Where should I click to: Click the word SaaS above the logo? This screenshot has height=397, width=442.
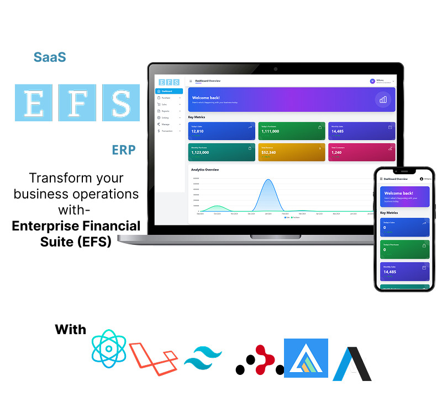coord(50,57)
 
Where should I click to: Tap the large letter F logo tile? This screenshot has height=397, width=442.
coord(77,103)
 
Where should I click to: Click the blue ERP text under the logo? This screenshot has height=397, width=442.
coord(124,149)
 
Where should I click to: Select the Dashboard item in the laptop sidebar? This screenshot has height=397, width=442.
coord(169,91)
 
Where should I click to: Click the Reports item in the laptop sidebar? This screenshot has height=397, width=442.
coord(166,111)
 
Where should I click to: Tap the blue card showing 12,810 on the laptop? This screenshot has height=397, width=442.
coord(222,130)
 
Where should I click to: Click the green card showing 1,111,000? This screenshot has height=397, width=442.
coord(291,130)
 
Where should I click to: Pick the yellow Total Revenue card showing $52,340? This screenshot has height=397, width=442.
coord(291,152)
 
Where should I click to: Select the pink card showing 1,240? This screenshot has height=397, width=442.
coord(361,152)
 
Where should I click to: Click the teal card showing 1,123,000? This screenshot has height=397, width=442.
coord(222,152)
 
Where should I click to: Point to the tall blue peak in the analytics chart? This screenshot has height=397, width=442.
coord(269,190)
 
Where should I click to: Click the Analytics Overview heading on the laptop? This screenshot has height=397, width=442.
coord(205,170)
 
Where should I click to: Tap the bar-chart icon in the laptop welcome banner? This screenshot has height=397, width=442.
coord(383,100)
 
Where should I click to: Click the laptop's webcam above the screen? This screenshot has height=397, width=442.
coord(275,69)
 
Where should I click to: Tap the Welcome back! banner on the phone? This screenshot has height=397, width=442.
coord(404,196)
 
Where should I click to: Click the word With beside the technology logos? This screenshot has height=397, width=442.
coord(71,330)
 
